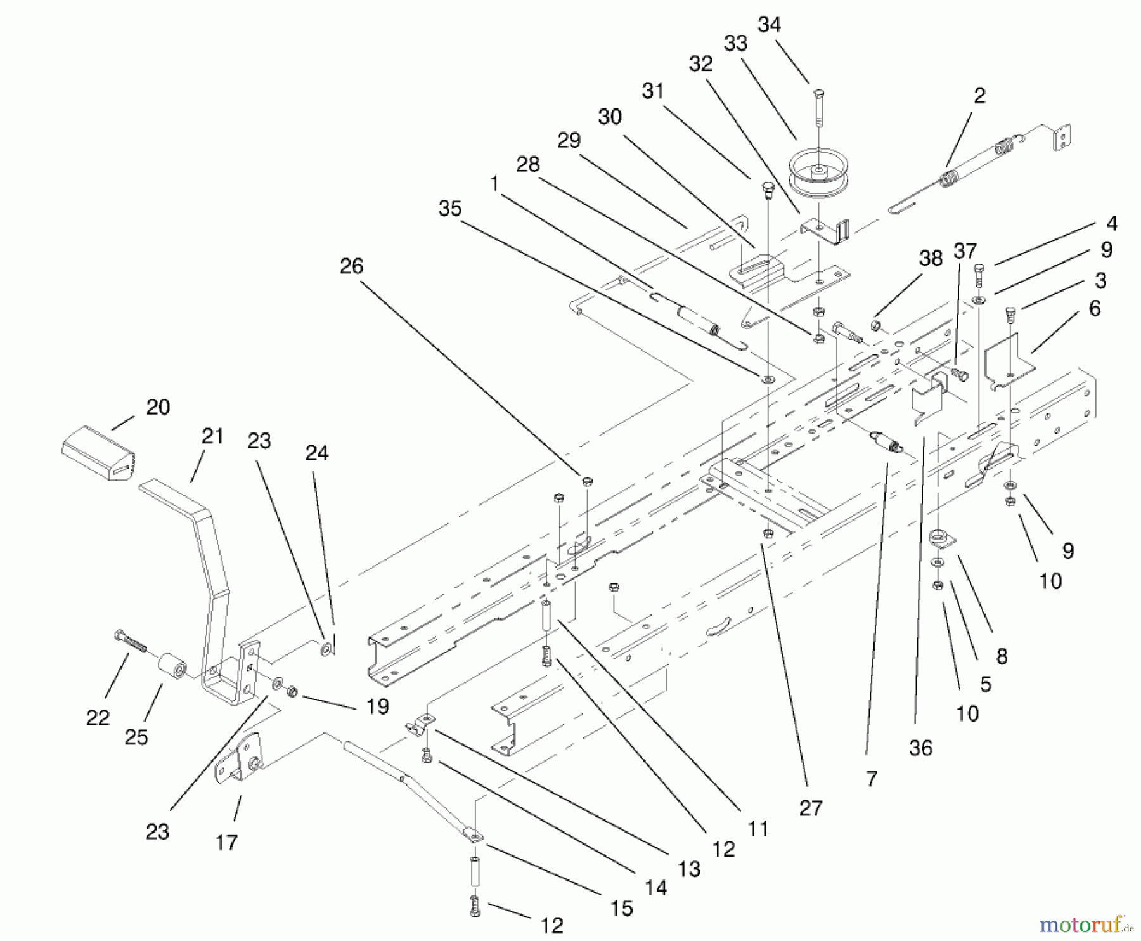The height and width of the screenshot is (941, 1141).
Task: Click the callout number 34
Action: click(769, 25)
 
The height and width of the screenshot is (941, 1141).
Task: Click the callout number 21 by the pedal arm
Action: click(212, 436)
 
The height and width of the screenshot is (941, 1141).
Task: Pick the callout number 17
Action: click(226, 842)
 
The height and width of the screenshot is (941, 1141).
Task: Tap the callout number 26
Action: click(351, 266)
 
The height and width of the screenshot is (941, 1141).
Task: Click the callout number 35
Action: click(450, 209)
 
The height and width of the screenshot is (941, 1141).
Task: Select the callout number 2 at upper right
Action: click(979, 96)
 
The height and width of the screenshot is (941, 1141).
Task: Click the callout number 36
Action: click(920, 748)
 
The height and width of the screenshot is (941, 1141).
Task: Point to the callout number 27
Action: click(811, 808)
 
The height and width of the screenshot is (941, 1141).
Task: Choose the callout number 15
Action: click(622, 908)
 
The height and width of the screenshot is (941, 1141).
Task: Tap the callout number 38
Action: click(931, 258)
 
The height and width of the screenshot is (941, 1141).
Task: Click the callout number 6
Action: click(1095, 308)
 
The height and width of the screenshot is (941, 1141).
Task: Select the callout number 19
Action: click(378, 706)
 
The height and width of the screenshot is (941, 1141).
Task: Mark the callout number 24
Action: click(317, 453)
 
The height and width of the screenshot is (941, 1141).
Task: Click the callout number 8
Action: click(1002, 656)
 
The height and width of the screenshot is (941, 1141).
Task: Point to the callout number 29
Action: click(569, 140)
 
